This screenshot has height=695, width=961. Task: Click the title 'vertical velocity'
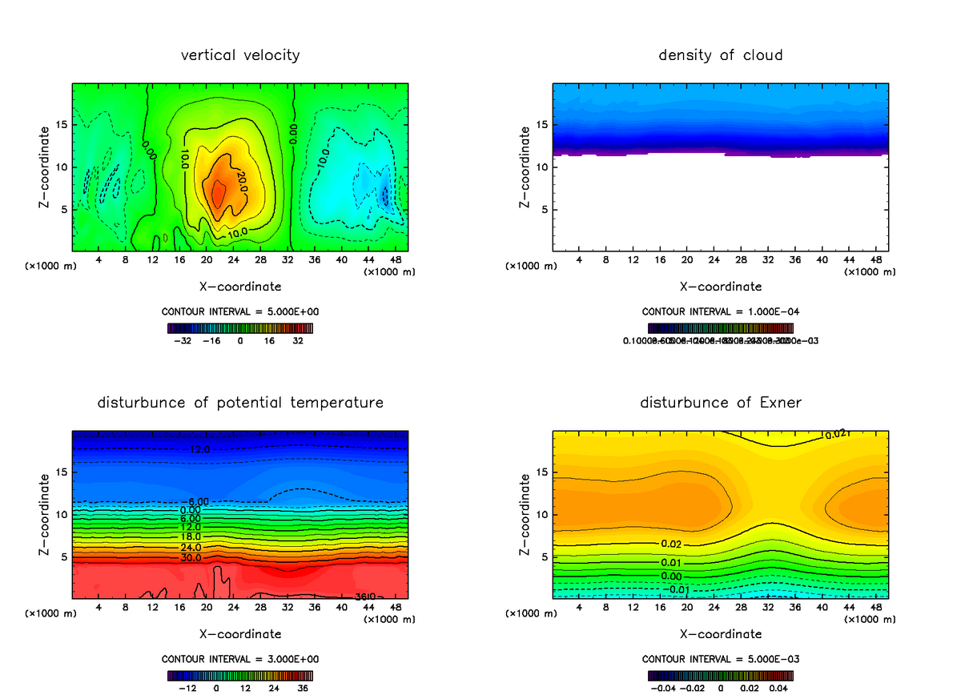tap(240, 55)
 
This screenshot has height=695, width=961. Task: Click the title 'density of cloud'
tap(721, 55)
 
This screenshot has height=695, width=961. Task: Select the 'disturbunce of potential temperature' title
tap(240, 402)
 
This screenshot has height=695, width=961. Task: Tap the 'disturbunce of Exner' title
tap(721, 402)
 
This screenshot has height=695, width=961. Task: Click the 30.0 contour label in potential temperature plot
tap(191, 557)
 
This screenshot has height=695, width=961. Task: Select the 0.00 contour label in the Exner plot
tap(671, 576)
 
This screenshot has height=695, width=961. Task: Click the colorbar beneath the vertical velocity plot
tap(240, 327)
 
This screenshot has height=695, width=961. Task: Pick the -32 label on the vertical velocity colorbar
tap(186, 340)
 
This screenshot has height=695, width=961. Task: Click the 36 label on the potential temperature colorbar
tap(303, 687)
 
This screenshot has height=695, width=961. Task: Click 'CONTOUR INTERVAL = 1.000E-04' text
tap(721, 311)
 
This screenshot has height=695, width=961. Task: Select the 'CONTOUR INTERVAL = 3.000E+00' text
tap(240, 659)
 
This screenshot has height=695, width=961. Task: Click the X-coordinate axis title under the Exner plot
tap(721, 634)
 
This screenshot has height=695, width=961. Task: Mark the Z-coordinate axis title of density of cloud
tap(525, 167)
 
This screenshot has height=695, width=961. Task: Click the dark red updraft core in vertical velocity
tap(217, 193)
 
